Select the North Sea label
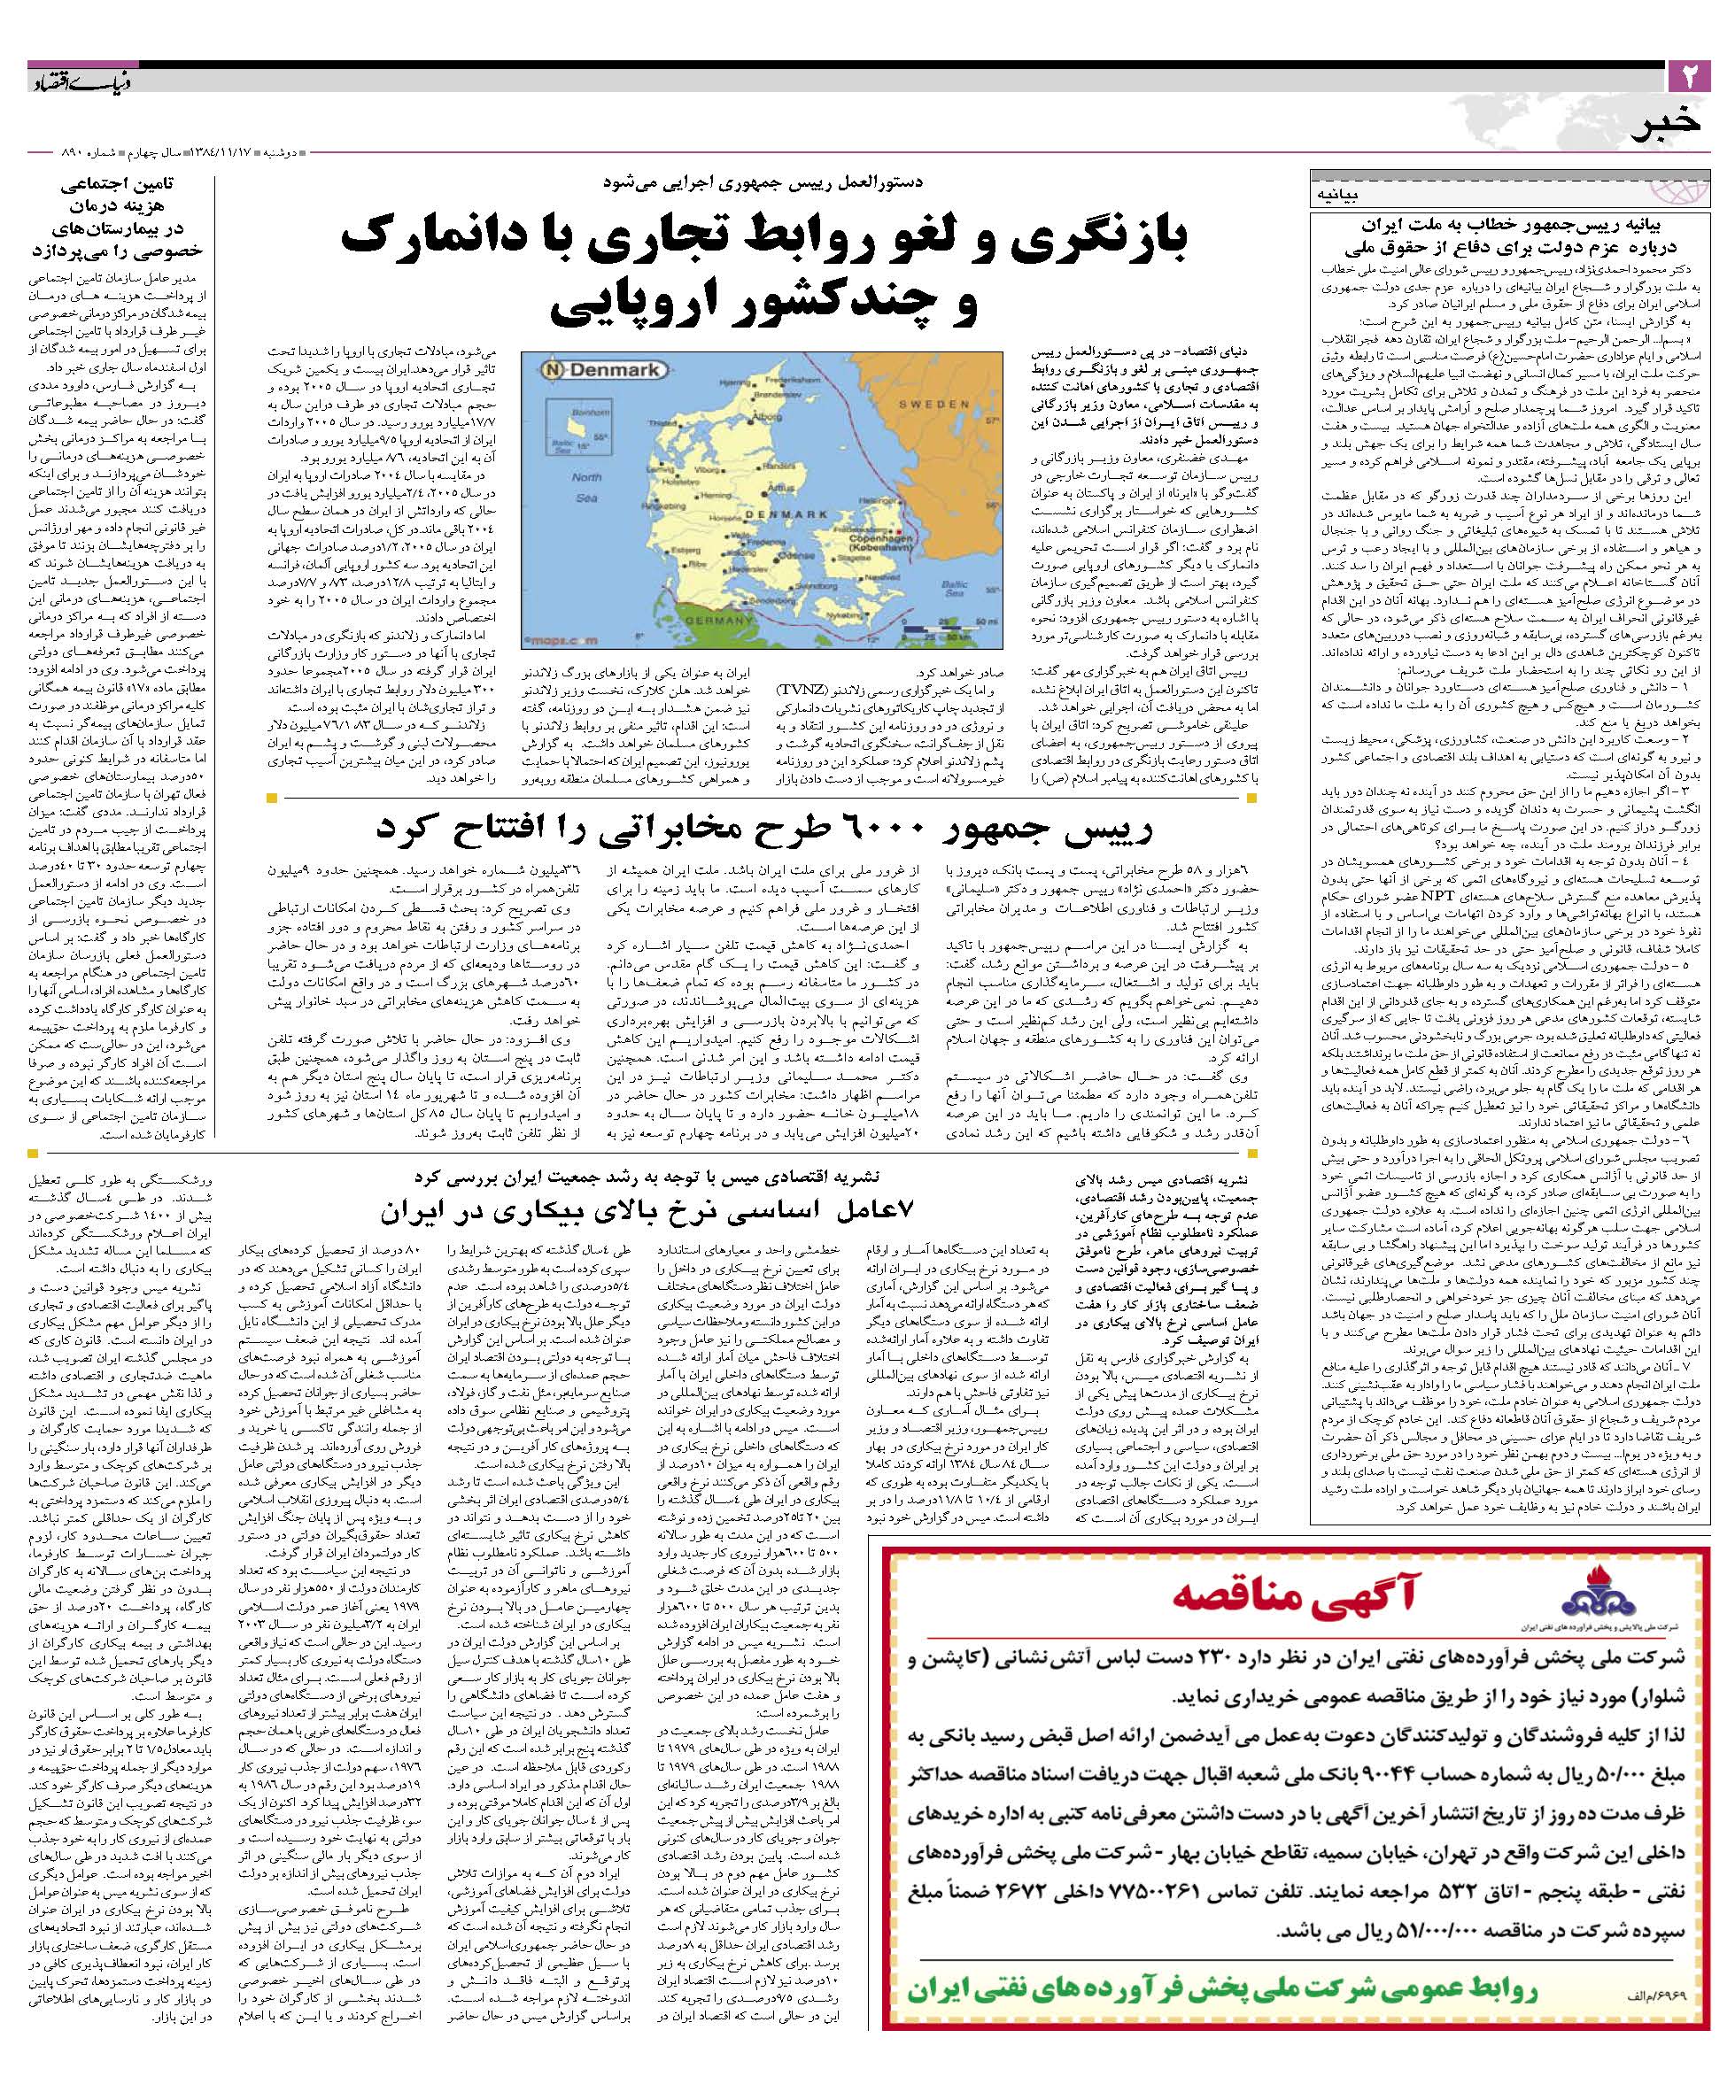click(x=586, y=488)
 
